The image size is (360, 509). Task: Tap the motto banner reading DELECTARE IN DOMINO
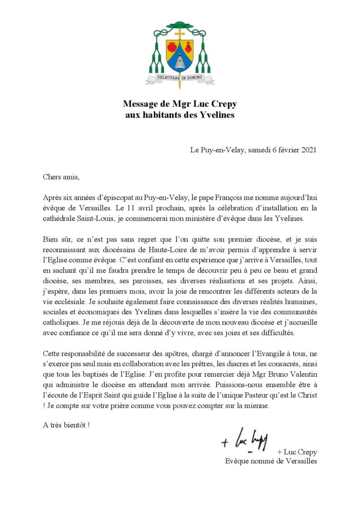(x=180, y=78)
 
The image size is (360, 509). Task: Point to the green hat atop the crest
(x=180, y=26)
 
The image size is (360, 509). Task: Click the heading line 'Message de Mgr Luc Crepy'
(x=180, y=105)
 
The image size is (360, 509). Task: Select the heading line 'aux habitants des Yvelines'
(x=180, y=115)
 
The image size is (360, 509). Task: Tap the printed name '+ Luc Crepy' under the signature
(x=297, y=452)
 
